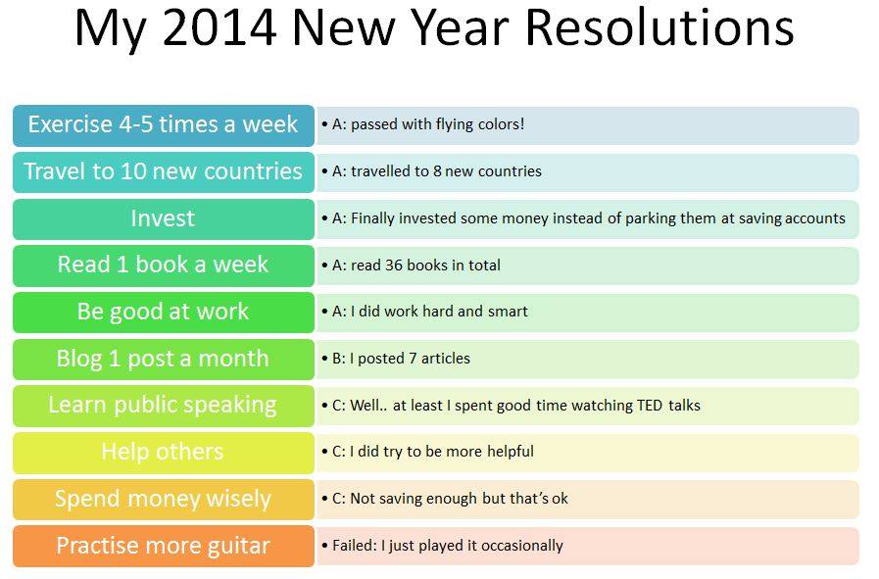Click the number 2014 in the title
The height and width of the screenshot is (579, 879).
pos(220,27)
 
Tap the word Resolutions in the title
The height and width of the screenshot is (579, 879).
pos(659,27)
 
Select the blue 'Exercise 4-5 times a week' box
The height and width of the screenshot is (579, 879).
pos(164,125)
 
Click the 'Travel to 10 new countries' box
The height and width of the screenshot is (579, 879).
pos(164,172)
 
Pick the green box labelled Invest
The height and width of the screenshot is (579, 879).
pos(164,219)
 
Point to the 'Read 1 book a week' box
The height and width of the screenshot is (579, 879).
pos(164,265)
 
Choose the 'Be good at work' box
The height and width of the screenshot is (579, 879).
pos(164,313)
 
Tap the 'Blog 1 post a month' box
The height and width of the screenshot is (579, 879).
pos(164,360)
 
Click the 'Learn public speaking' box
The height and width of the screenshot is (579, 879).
pos(164,406)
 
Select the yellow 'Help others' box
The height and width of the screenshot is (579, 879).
pos(164,453)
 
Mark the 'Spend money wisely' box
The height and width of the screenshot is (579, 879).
pos(164,500)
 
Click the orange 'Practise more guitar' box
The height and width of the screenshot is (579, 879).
pos(164,546)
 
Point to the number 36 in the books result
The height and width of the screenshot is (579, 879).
pos(394,265)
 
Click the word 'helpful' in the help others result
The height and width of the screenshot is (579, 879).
pos(511,452)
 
